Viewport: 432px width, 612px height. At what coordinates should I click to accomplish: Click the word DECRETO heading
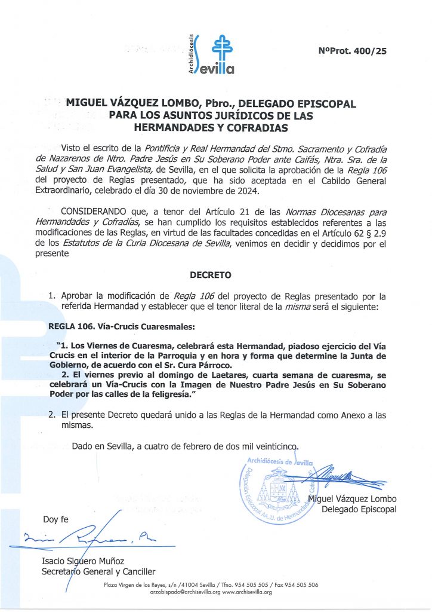coord(210,276)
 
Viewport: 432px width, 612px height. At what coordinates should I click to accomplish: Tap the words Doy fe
coord(55,519)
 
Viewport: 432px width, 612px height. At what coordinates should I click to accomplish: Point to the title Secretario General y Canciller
coord(97,571)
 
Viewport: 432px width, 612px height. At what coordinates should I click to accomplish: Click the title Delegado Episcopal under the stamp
coord(359,509)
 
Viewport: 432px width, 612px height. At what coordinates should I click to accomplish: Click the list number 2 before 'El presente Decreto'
coord(52,414)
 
